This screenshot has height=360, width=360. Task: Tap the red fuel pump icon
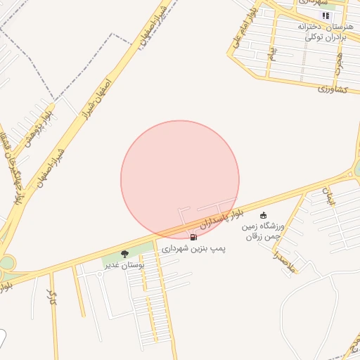pos(193,238)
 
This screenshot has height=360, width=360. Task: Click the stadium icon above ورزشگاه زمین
pos(264,215)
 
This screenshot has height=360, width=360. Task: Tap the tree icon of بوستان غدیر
pos(124,254)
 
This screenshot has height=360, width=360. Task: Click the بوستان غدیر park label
pos(124,265)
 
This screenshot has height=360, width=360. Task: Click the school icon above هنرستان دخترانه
pos(325,15)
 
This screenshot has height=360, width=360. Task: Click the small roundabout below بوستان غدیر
pos(100,274)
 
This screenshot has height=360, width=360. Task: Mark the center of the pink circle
pos(180,179)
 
